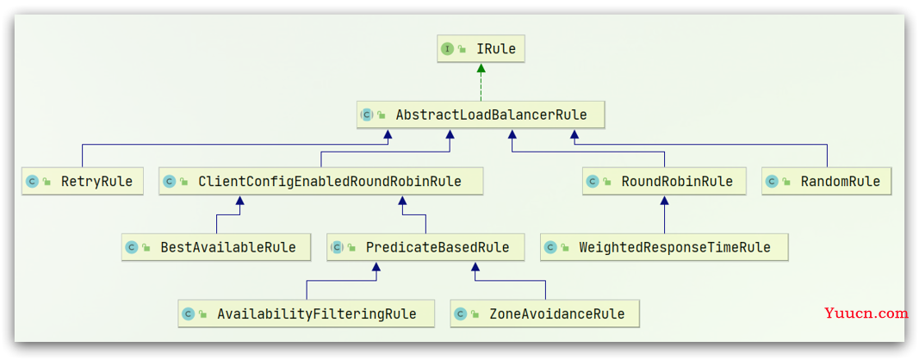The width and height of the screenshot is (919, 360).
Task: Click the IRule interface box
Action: pyautogui.click(x=481, y=49)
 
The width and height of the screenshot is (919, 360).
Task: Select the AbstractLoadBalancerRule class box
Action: pyautogui.click(x=480, y=115)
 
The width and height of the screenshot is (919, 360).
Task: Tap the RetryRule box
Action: pyautogui.click(x=82, y=181)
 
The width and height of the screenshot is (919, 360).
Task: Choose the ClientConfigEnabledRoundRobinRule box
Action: pyautogui.click(x=320, y=181)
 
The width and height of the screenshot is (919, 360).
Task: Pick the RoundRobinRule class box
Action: pyautogui.click(x=665, y=181)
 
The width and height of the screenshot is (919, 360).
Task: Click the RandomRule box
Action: pyautogui.click(x=827, y=181)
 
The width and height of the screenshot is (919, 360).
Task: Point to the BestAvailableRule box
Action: pyautogui.click(x=217, y=247)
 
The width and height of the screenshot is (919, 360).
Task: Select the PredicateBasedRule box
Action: pyautogui.click(x=425, y=247)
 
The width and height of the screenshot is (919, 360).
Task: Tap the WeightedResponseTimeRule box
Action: pyautogui.click(x=664, y=247)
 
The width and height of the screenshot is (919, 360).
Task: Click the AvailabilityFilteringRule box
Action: pyautogui.click(x=307, y=313)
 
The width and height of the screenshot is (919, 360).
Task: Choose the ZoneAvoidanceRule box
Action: pyautogui.click(x=545, y=313)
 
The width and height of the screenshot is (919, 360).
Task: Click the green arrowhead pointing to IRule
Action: pyautogui.click(x=481, y=68)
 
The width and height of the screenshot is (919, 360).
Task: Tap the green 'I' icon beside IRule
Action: pyautogui.click(x=447, y=49)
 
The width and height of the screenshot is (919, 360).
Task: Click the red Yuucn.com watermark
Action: pyautogui.click(x=866, y=313)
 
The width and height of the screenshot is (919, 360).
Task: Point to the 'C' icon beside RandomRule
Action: pyautogui.click(x=773, y=182)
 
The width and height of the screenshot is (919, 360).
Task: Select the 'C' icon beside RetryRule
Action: pyautogui.click(x=32, y=182)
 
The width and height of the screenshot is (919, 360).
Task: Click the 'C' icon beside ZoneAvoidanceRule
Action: pyautogui.click(x=460, y=314)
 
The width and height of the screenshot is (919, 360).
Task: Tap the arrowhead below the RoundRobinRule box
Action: pyautogui.click(x=664, y=201)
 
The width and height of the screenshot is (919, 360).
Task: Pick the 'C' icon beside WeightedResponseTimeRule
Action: pyautogui.click(x=550, y=248)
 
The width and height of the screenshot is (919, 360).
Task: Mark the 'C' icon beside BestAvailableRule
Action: pyautogui.click(x=132, y=248)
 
